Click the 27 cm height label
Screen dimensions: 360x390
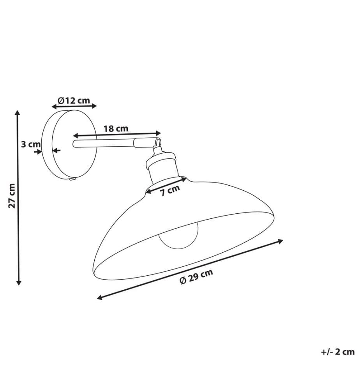click(x=12, y=196)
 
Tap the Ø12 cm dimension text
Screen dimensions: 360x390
click(x=74, y=100)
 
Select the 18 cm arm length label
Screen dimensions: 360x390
click(x=116, y=129)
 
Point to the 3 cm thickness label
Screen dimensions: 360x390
click(x=30, y=144)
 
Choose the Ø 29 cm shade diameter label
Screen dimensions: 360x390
click(x=196, y=276)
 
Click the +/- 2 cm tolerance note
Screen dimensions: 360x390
click(x=338, y=352)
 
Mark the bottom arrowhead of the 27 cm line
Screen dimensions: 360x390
click(x=19, y=282)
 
